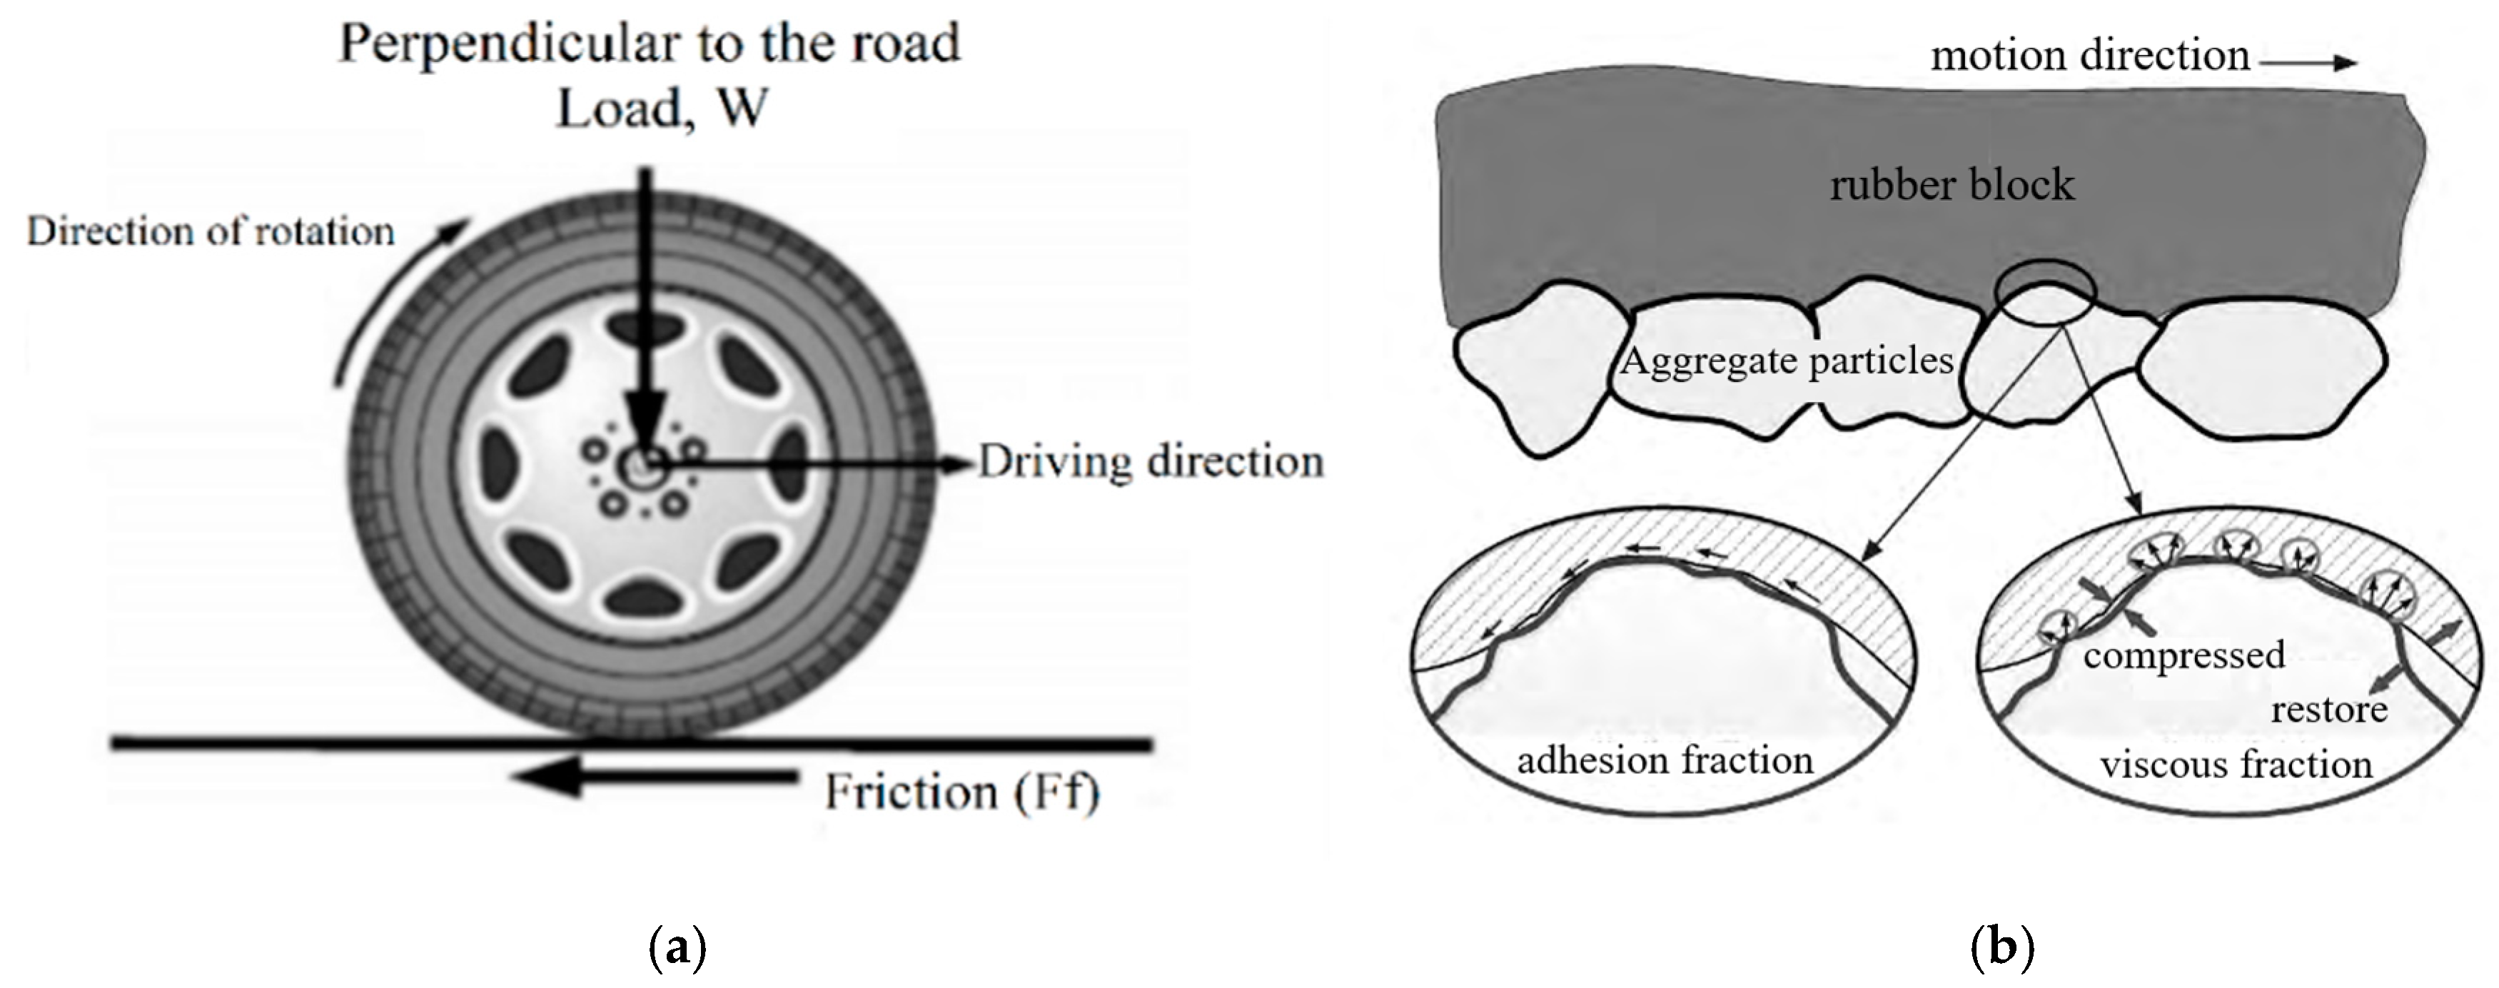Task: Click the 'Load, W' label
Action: tap(662, 109)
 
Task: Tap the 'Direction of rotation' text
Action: tap(211, 232)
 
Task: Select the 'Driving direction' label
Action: tap(1150, 462)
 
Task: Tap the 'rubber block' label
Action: tap(1951, 184)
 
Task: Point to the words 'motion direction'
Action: tap(2089, 55)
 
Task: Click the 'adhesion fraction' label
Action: tap(1665, 760)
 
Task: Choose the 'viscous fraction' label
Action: tap(2235, 765)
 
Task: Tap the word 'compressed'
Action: tap(2184, 655)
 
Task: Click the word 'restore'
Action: tap(2328, 710)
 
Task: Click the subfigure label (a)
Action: tap(676, 947)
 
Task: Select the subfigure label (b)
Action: tap(2002, 947)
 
